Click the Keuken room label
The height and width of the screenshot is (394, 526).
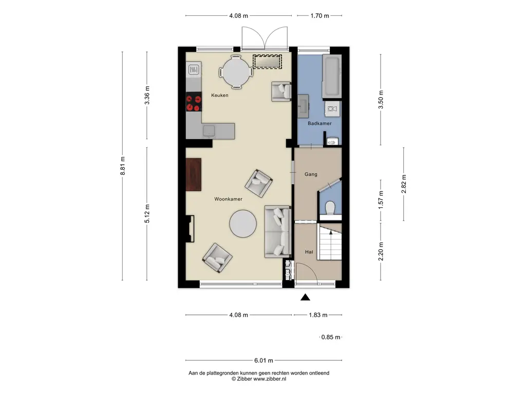(x=220, y=95)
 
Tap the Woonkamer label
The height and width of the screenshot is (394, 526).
(x=228, y=199)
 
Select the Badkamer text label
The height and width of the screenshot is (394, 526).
(x=320, y=123)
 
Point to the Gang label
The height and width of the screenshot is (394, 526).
(x=311, y=174)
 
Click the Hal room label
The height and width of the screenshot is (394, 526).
(x=309, y=252)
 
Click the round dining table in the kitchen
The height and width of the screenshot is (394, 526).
(x=236, y=72)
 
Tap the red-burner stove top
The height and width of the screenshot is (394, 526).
(x=194, y=102)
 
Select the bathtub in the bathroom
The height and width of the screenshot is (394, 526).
(x=332, y=76)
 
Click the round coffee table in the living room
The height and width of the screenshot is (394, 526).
(x=243, y=224)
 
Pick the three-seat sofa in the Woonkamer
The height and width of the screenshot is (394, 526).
(x=278, y=231)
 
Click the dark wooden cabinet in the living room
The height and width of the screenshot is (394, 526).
(x=194, y=174)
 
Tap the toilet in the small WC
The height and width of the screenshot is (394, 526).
(x=330, y=208)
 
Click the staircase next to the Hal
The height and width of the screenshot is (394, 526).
(x=330, y=242)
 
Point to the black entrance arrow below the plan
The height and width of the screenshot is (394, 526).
(x=305, y=297)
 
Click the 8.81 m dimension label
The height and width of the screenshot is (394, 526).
(x=123, y=166)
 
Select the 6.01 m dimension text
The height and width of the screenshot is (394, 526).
(x=264, y=361)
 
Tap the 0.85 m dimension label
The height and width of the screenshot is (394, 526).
(x=331, y=337)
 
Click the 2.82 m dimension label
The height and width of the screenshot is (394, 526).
(x=404, y=184)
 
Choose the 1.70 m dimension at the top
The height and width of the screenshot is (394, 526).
(x=320, y=15)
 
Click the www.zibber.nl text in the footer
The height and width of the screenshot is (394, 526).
(x=270, y=379)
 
